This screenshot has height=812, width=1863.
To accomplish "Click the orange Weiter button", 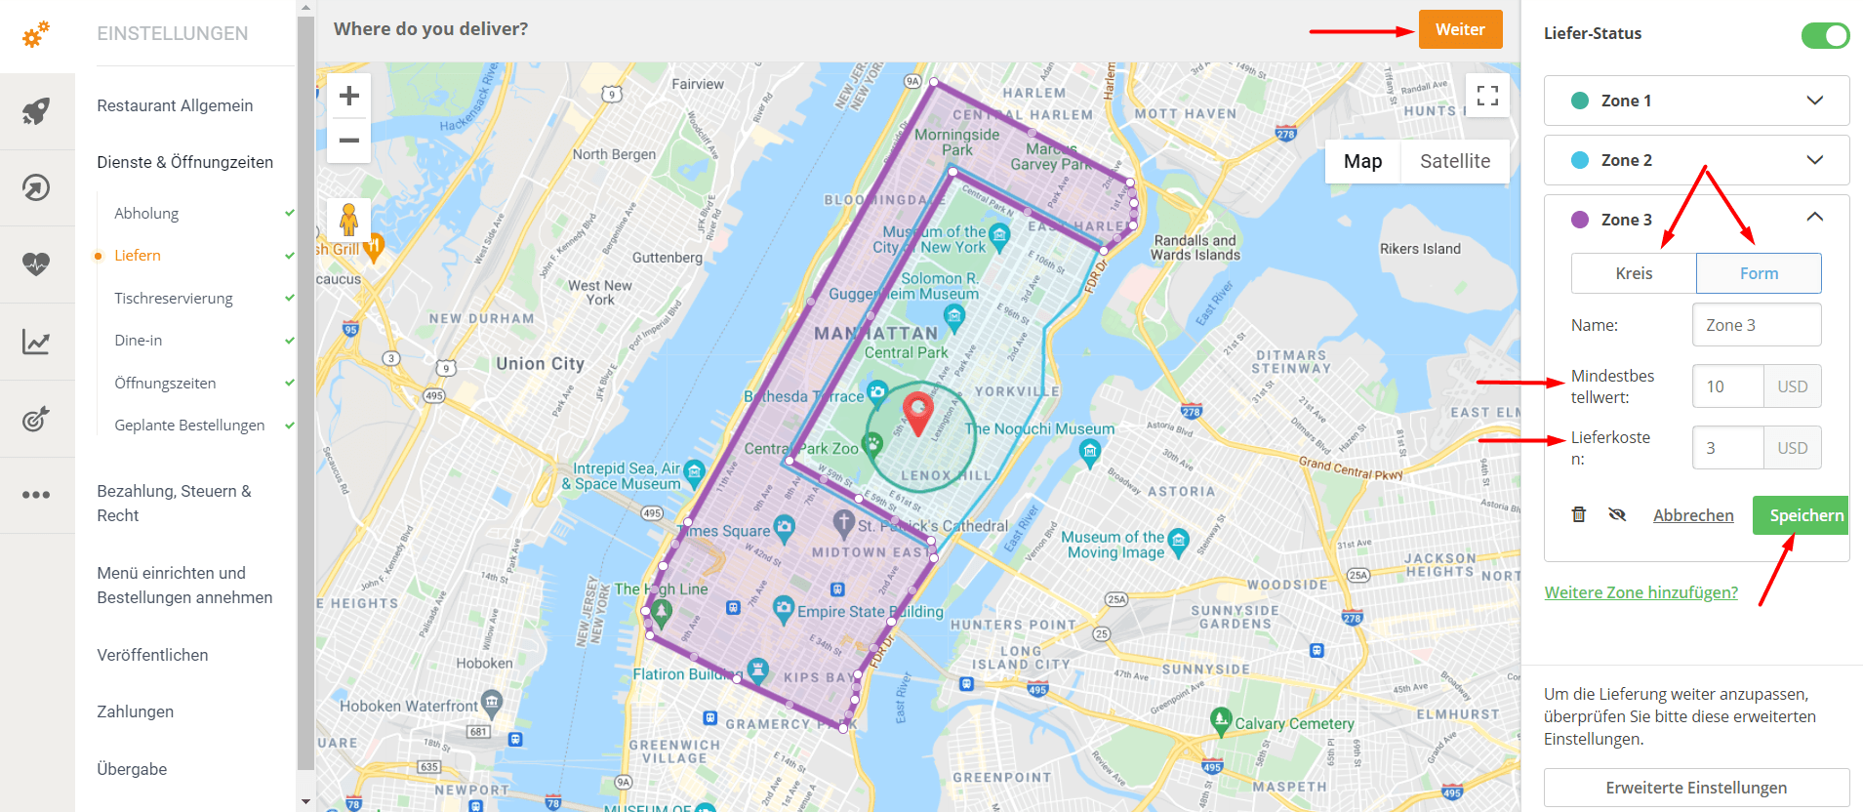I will point(1460,29).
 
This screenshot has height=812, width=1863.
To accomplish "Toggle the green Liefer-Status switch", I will point(1825,35).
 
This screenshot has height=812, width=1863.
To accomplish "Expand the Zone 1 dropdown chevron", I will point(1814,101).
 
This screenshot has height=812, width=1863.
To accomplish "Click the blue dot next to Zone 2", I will point(1580,160).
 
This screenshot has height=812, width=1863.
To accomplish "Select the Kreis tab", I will point(1634,273).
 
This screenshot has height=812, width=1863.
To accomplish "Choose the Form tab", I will point(1759,273).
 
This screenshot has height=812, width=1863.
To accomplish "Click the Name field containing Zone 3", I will point(1756,325).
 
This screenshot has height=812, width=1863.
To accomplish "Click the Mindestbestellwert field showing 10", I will point(1727,386).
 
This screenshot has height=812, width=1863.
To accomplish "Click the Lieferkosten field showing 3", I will point(1727,448).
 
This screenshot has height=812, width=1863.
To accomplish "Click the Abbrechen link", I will point(1693,515).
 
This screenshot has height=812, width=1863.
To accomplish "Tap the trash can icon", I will point(1579,514).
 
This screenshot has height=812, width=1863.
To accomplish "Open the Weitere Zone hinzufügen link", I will point(1640,592).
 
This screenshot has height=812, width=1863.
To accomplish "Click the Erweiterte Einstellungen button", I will point(1696,788).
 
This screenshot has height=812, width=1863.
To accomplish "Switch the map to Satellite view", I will point(1454,161).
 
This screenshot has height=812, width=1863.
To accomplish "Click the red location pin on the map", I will point(917,412).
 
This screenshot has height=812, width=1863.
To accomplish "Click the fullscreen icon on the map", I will point(1487,96).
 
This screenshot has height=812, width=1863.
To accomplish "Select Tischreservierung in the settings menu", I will point(174,298).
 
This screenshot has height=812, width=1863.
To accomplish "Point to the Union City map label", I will point(540,364).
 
